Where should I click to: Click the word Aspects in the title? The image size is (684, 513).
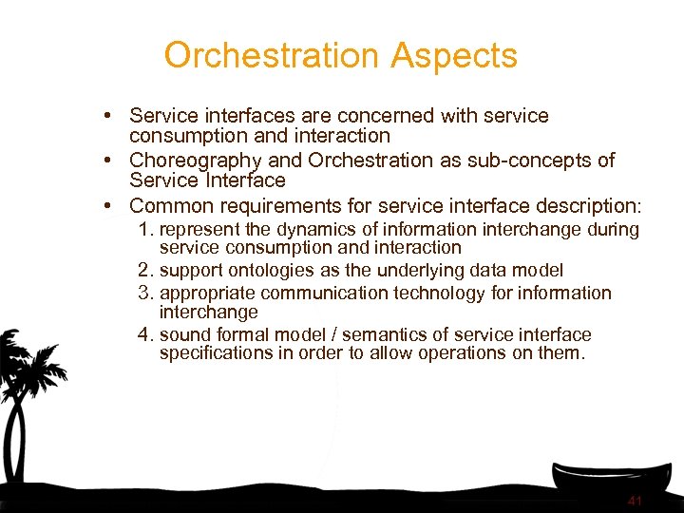click(456, 56)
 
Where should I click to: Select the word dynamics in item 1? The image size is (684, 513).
click(310, 230)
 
